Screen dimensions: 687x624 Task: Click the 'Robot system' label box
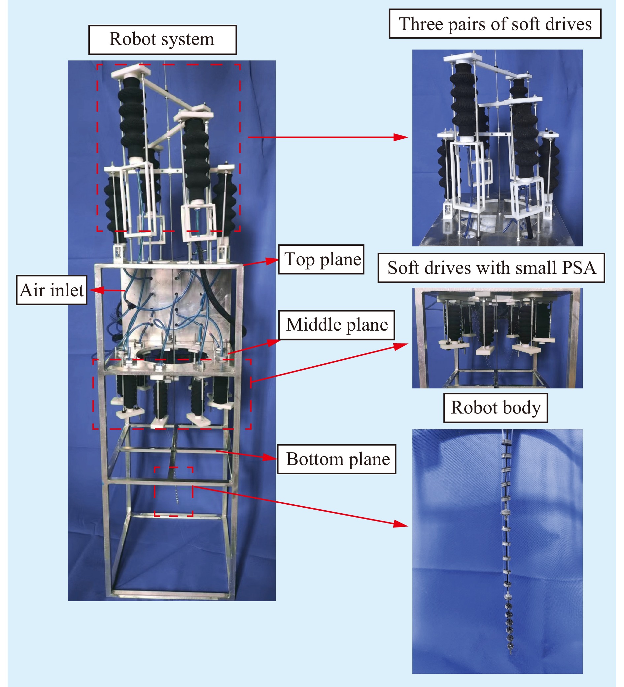tap(162, 40)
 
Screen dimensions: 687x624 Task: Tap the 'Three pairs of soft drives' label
tap(495, 24)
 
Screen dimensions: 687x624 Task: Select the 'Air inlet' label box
tap(52, 290)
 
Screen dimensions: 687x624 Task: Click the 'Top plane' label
tap(321, 259)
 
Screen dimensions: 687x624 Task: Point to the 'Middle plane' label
tap(336, 325)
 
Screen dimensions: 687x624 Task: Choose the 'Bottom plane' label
tap(336, 459)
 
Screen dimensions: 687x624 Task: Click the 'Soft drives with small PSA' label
tap(491, 268)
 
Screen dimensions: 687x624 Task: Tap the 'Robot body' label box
tap(495, 408)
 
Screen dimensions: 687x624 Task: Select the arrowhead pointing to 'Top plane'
tap(273, 261)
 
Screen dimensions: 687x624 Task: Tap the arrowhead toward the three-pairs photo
tap(402, 137)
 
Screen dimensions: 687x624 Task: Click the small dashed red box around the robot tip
tap(173, 491)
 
